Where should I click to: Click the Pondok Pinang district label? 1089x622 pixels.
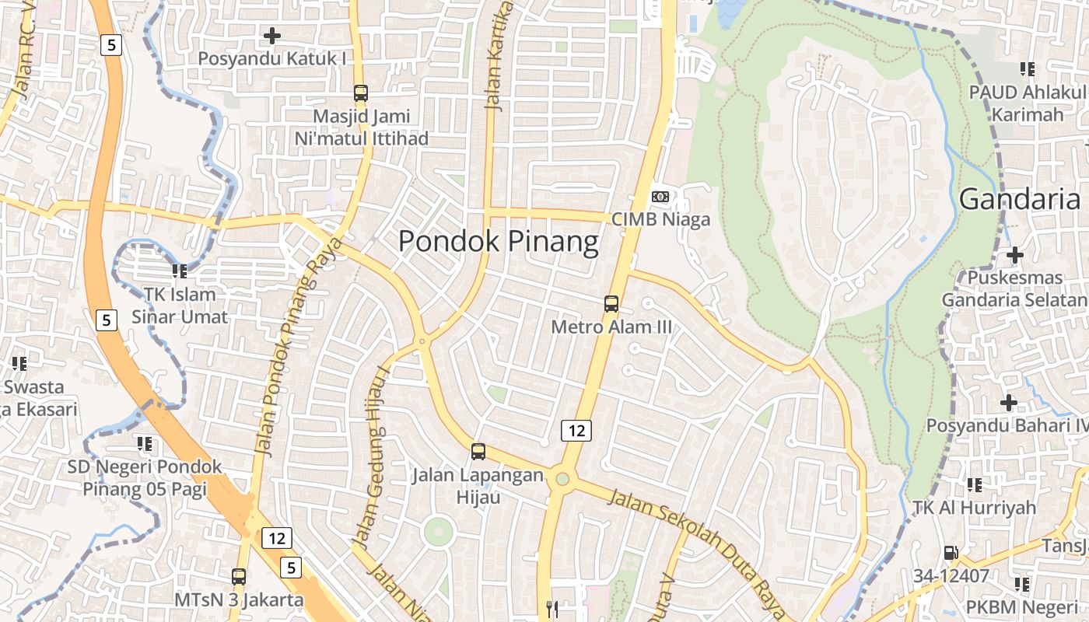coord(499,242)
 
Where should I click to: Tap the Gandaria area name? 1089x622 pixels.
coord(1020,199)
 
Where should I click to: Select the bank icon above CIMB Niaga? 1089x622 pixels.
coord(660,197)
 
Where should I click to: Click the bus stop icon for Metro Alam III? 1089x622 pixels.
coord(611,304)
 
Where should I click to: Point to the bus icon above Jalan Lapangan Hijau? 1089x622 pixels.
coord(478,451)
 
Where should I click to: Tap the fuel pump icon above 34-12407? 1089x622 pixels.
coord(951,553)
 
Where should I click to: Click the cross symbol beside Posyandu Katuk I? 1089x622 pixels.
coord(272,36)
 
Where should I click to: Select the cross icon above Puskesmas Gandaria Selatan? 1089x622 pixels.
coord(1014,255)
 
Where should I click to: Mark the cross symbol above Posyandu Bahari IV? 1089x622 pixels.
coord(1009,403)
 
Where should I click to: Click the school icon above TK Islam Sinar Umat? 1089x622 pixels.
coord(180,271)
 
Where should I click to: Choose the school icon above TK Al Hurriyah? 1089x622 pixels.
coord(974,485)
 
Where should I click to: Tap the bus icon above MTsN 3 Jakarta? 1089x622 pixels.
coord(239,577)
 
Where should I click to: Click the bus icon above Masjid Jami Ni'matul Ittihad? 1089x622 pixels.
coord(361,93)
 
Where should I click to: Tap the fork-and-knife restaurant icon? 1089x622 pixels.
coord(553,610)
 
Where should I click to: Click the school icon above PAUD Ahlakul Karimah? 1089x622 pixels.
coord(1028,69)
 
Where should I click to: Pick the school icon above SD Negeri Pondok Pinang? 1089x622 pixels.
coord(144,444)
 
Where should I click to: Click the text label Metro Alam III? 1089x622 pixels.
coord(611,327)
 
